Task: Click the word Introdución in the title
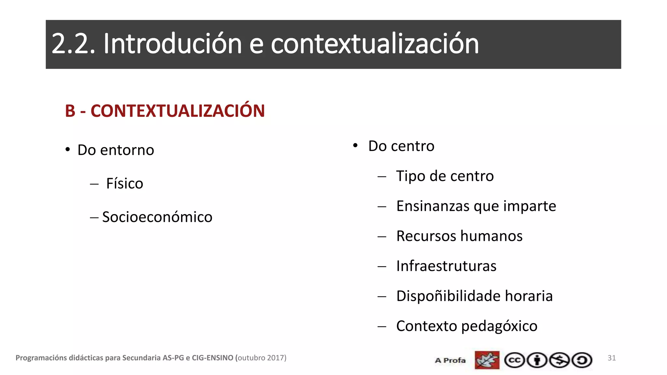[x=172, y=44]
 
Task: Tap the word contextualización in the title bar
[x=375, y=44]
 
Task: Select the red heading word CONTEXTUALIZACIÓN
[x=177, y=111]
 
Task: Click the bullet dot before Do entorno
[x=67, y=150]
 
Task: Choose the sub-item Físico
[x=124, y=184]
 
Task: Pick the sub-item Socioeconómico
[x=157, y=217]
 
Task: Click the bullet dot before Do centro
[x=355, y=146]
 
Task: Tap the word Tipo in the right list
[x=410, y=176]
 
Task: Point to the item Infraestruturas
[x=446, y=266]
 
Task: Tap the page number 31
[x=612, y=358]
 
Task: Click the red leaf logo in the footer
[x=487, y=360]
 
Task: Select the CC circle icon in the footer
[x=515, y=360]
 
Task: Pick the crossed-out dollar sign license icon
[x=560, y=360]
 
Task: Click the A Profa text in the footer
[x=450, y=360]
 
